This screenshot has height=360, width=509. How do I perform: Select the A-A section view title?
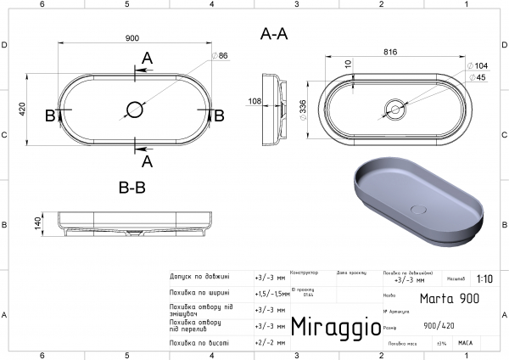tap(274, 34)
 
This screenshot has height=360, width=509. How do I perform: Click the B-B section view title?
tap(134, 187)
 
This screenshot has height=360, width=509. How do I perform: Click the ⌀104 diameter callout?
tap(477, 65)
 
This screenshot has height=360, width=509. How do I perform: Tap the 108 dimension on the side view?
tap(254, 101)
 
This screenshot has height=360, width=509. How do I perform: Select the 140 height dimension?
tap(37, 222)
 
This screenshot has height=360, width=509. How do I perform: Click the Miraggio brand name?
tap(330, 326)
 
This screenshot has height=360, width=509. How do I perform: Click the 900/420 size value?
tap(439, 325)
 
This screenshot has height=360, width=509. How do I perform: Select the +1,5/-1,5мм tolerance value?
tap(271, 293)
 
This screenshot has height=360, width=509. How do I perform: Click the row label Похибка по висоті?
tap(199, 342)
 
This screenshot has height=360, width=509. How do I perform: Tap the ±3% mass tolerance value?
tap(441, 343)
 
